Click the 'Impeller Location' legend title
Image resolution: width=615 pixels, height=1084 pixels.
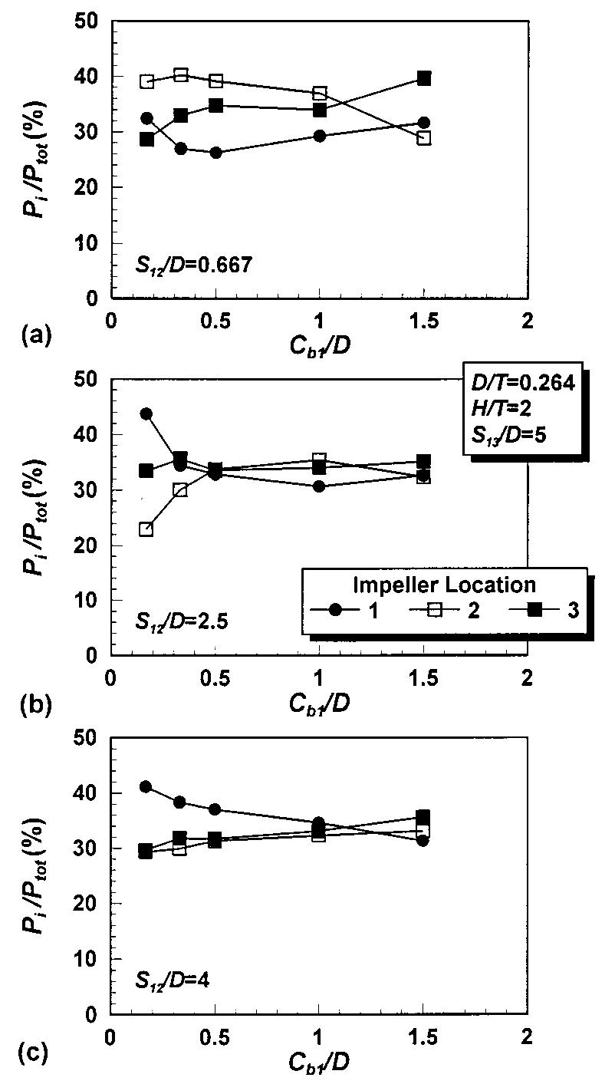(x=444, y=585)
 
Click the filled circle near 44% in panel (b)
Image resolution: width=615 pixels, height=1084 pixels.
(x=146, y=414)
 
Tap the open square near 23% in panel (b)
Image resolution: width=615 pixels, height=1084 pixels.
(x=146, y=529)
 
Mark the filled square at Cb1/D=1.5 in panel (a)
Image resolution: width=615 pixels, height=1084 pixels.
(x=423, y=78)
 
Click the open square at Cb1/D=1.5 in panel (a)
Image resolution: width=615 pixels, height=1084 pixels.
(x=423, y=138)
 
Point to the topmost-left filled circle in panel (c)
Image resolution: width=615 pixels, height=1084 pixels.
(x=146, y=786)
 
